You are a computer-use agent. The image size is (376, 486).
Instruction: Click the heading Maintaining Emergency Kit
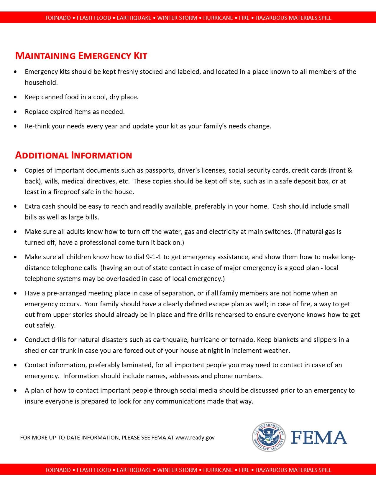(x=81, y=56)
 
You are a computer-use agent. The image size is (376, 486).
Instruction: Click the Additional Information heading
(x=73, y=155)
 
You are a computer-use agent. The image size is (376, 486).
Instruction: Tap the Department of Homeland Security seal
(x=269, y=437)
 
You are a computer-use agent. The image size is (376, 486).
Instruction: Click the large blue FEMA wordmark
(x=319, y=437)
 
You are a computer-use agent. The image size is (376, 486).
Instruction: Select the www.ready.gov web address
(x=195, y=438)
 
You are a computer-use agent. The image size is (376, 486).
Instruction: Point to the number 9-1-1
(x=154, y=257)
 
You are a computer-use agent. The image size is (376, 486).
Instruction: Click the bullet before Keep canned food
(x=15, y=97)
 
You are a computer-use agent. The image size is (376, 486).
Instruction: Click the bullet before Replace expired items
(x=15, y=112)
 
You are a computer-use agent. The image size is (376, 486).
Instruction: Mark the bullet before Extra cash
(x=15, y=206)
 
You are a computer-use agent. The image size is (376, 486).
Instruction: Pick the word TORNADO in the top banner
(x=58, y=18)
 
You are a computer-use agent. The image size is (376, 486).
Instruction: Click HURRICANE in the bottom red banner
(x=218, y=470)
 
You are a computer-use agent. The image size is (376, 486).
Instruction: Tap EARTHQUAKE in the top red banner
(x=134, y=18)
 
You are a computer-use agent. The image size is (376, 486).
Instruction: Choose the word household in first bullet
(x=41, y=82)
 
